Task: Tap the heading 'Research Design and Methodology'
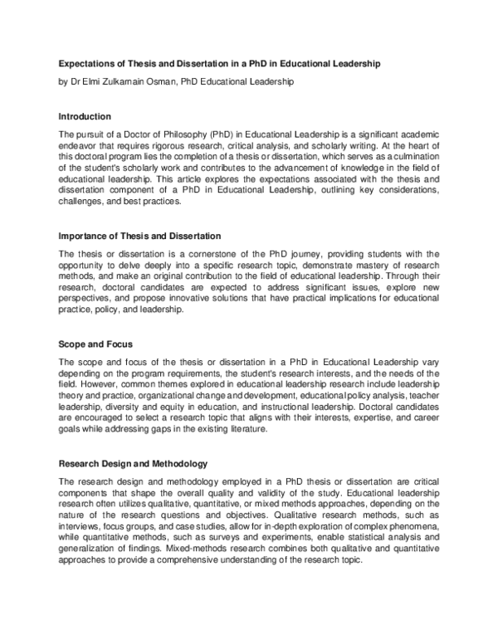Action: pyautogui.click(x=132, y=462)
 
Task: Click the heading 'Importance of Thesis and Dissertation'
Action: pyautogui.click(x=139, y=237)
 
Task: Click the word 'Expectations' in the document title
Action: pyautogui.click(x=87, y=64)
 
